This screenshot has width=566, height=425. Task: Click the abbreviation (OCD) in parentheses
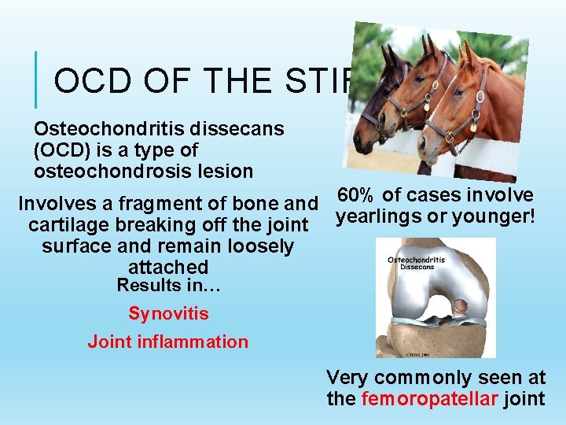point(60,150)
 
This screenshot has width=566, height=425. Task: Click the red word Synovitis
point(168,314)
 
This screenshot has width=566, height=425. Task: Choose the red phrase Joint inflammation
point(167,342)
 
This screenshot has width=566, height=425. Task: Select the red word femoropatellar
point(429,399)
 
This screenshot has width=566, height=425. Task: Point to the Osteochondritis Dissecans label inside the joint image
point(416,264)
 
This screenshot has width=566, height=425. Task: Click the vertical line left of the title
point(36,79)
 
